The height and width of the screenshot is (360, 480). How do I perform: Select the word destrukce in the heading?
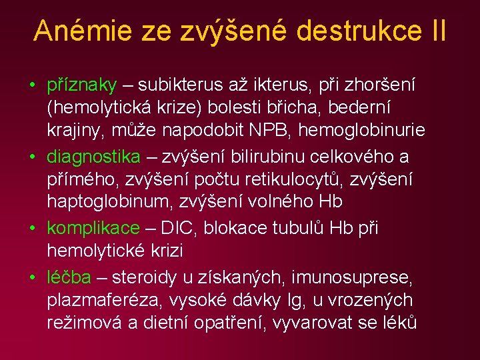coord(347,31)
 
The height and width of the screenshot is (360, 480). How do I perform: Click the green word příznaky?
coord(82,85)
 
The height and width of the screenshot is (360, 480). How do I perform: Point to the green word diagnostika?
coord(94,157)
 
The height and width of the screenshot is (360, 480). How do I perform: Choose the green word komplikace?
coord(93,228)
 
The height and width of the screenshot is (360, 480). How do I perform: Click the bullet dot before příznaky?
coord(32,86)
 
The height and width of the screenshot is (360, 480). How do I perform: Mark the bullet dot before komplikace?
coord(32,229)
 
